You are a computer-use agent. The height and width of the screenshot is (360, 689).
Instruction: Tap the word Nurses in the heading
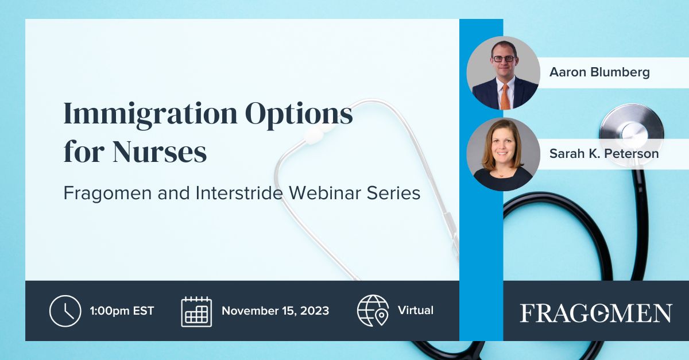(x=159, y=152)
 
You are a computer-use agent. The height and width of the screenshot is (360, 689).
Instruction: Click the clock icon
(x=65, y=311)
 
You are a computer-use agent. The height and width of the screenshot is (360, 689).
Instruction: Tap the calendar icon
(x=196, y=311)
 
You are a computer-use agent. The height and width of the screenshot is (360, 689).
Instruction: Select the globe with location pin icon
(x=373, y=311)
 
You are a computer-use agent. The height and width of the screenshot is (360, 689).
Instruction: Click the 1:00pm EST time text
(x=122, y=311)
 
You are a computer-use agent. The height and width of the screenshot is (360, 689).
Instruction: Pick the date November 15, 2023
(x=275, y=311)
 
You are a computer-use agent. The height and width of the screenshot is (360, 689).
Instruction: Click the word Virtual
(x=416, y=311)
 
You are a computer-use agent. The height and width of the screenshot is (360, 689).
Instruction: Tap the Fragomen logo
(x=595, y=313)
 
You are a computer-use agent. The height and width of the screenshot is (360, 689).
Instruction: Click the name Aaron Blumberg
(x=599, y=73)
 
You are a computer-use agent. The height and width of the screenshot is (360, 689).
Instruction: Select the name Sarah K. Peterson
(x=603, y=154)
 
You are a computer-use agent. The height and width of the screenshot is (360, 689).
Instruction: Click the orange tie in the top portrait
(x=505, y=96)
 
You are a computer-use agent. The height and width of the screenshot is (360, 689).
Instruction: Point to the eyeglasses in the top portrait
(x=504, y=58)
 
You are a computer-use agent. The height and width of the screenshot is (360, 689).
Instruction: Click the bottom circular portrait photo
(x=502, y=154)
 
